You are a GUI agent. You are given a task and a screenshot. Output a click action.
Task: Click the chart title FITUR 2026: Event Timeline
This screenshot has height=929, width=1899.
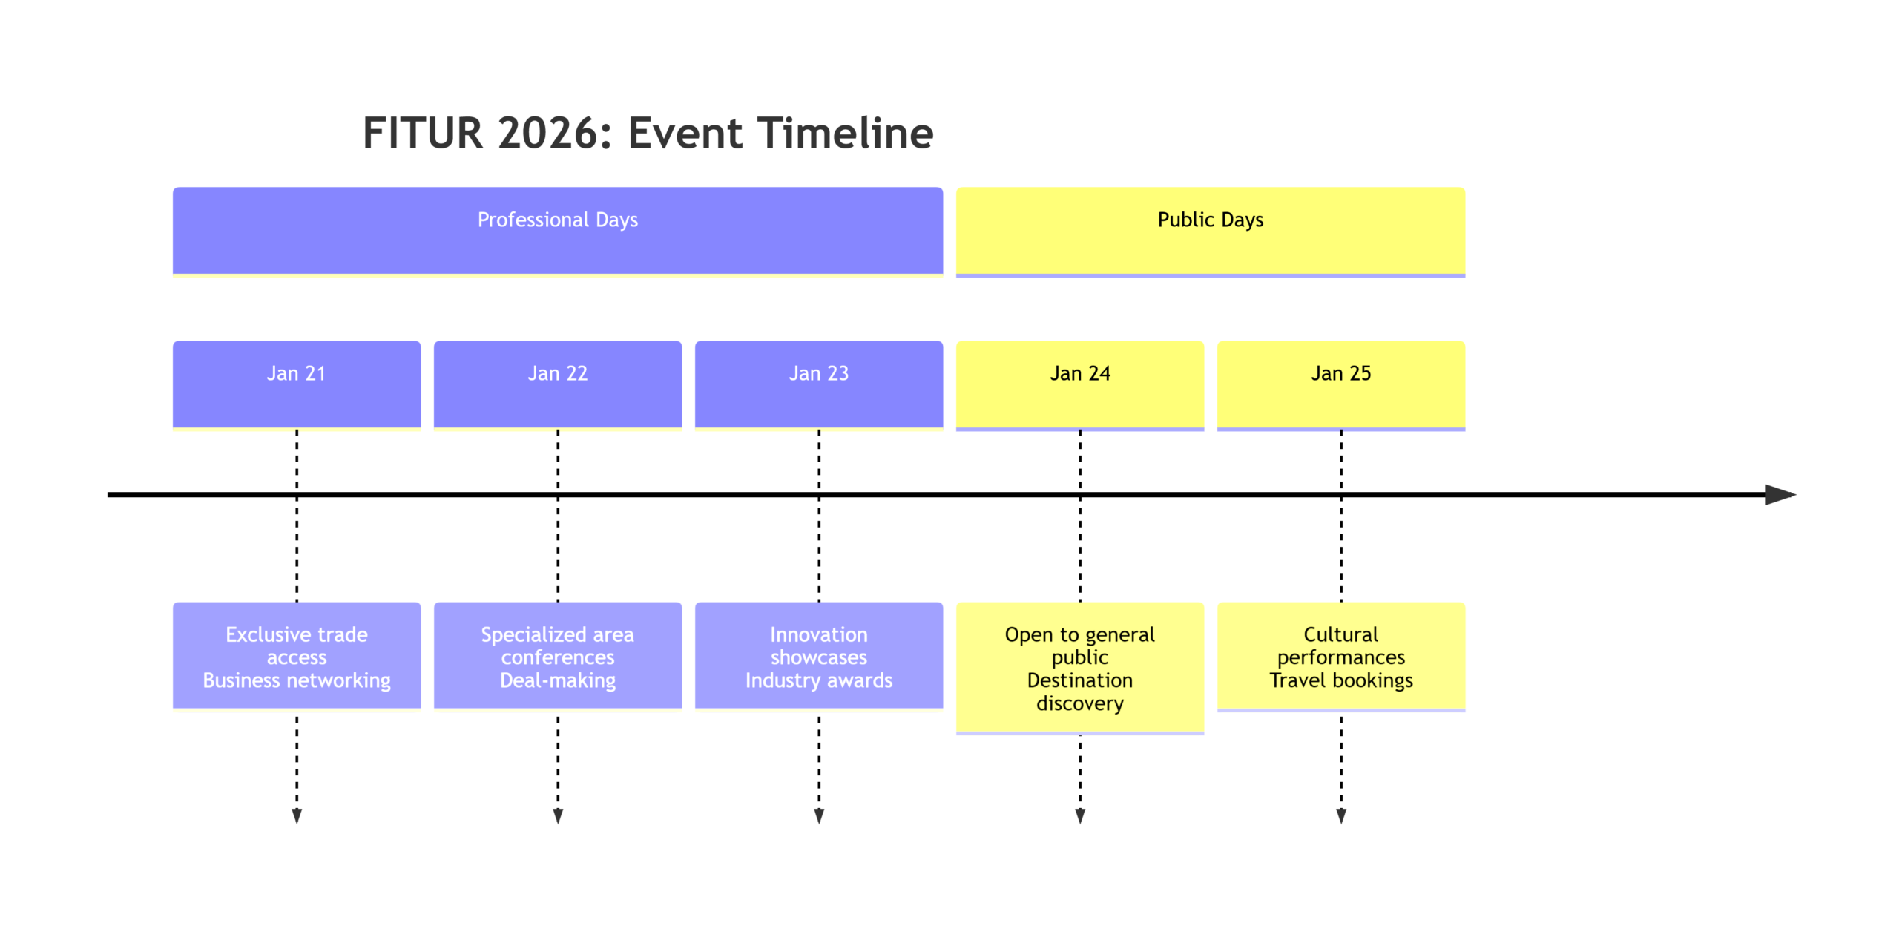tap(648, 134)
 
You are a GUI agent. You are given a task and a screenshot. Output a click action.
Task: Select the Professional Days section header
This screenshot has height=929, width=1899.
tap(558, 232)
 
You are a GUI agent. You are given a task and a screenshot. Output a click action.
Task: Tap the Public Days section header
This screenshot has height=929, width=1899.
tap(1211, 232)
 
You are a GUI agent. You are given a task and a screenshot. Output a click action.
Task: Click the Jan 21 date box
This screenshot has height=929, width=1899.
tap(297, 385)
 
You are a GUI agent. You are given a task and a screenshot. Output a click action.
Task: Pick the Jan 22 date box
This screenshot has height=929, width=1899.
tap(558, 385)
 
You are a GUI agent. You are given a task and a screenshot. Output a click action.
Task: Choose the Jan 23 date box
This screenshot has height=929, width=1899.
tap(819, 385)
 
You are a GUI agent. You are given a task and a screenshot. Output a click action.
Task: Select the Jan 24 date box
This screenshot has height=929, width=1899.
tap(1080, 385)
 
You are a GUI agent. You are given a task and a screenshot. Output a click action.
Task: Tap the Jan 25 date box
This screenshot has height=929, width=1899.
tap(1341, 385)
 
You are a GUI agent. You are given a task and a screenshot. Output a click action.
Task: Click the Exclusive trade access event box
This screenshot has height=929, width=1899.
tap(297, 656)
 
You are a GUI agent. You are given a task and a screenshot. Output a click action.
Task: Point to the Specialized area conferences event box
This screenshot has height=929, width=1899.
tap(558, 656)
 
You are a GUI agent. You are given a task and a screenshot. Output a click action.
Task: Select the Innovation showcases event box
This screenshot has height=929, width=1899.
tap(819, 656)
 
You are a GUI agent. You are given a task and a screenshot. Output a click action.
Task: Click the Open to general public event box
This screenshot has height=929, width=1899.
tap(1080, 668)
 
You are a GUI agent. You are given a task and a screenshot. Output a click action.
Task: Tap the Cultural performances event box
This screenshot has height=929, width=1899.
tap(1341, 657)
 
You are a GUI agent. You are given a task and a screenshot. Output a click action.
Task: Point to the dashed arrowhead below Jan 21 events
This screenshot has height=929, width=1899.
tap(297, 816)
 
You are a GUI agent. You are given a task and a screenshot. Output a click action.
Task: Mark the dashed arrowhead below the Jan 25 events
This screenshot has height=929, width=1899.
tap(1341, 816)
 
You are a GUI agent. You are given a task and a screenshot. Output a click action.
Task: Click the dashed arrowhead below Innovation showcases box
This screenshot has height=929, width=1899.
tap(819, 816)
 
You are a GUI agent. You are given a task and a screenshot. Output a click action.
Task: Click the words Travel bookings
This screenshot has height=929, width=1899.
tap(1341, 680)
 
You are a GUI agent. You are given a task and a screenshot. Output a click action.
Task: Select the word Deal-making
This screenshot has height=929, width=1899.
tap(558, 680)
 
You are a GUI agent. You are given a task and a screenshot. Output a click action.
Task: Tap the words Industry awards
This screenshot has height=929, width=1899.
tap(819, 680)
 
